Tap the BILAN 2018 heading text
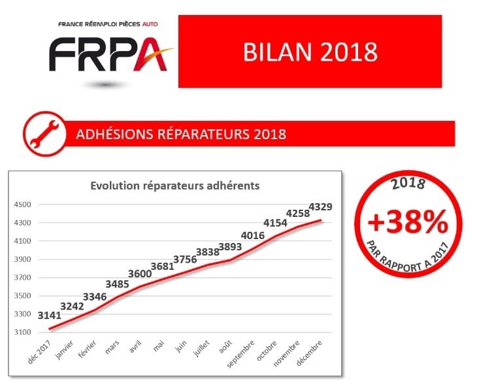(310, 52)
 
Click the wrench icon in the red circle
(44, 134)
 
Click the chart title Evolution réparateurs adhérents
(175, 186)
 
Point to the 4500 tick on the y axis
(22, 204)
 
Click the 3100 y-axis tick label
(22, 332)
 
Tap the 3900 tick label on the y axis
(22, 259)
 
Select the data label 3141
(49, 316)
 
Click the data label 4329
(321, 207)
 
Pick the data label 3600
(140, 274)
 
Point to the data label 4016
(252, 235)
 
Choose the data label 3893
(230, 247)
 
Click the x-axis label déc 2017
(39, 352)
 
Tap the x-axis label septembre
(240, 354)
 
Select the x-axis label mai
(159, 346)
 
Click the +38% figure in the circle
(408, 222)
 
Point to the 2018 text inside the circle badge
(408, 184)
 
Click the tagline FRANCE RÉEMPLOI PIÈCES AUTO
(108, 24)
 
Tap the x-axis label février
(87, 349)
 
